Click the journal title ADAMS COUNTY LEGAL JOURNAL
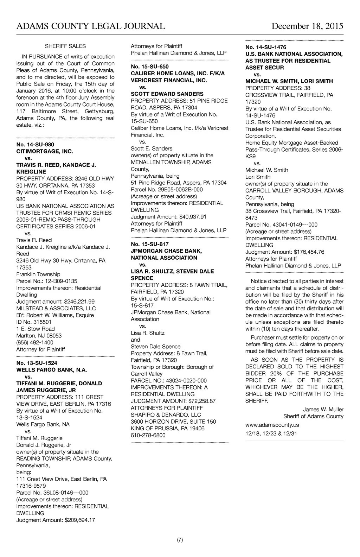pyautogui.click(x=91, y=26)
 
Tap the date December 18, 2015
pyautogui.click(x=307, y=26)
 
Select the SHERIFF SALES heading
pyautogui.click(x=65, y=46)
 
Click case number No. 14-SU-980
pyautogui.click(x=35, y=145)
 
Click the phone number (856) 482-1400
pyautogui.click(x=35, y=342)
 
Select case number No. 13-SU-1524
pyautogui.click(x=37, y=363)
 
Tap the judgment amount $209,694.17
pyautogui.click(x=78, y=520)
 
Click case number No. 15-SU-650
pyautogui.click(x=150, y=67)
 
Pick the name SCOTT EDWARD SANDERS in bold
pyautogui.click(x=167, y=94)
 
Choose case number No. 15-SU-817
pyautogui.click(x=150, y=244)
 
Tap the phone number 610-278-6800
pyautogui.click(x=148, y=435)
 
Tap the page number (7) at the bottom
pyautogui.click(x=180, y=540)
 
